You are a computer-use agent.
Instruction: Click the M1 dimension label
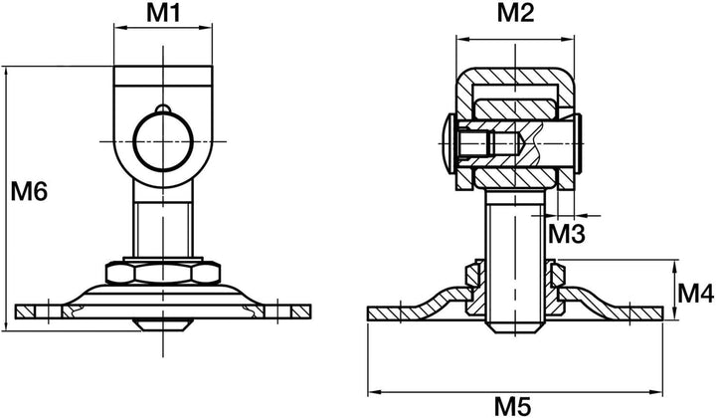163,14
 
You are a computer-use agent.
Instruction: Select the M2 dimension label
515,13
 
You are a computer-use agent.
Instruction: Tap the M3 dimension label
566,234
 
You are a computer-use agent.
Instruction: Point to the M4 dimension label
695,294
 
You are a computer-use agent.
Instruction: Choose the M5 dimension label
513,406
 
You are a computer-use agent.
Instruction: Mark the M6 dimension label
29,191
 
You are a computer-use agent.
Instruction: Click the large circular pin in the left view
163,141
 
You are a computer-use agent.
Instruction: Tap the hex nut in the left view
163,273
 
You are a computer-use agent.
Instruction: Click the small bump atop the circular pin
163,108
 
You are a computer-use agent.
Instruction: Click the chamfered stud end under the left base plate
163,324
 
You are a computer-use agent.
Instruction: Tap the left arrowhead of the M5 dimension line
375,391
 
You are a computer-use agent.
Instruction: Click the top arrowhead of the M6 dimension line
6,73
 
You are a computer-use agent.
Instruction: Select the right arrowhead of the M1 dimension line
206,28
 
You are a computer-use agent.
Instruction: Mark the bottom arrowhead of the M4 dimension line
675,313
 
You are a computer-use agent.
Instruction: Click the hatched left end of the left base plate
26,312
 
